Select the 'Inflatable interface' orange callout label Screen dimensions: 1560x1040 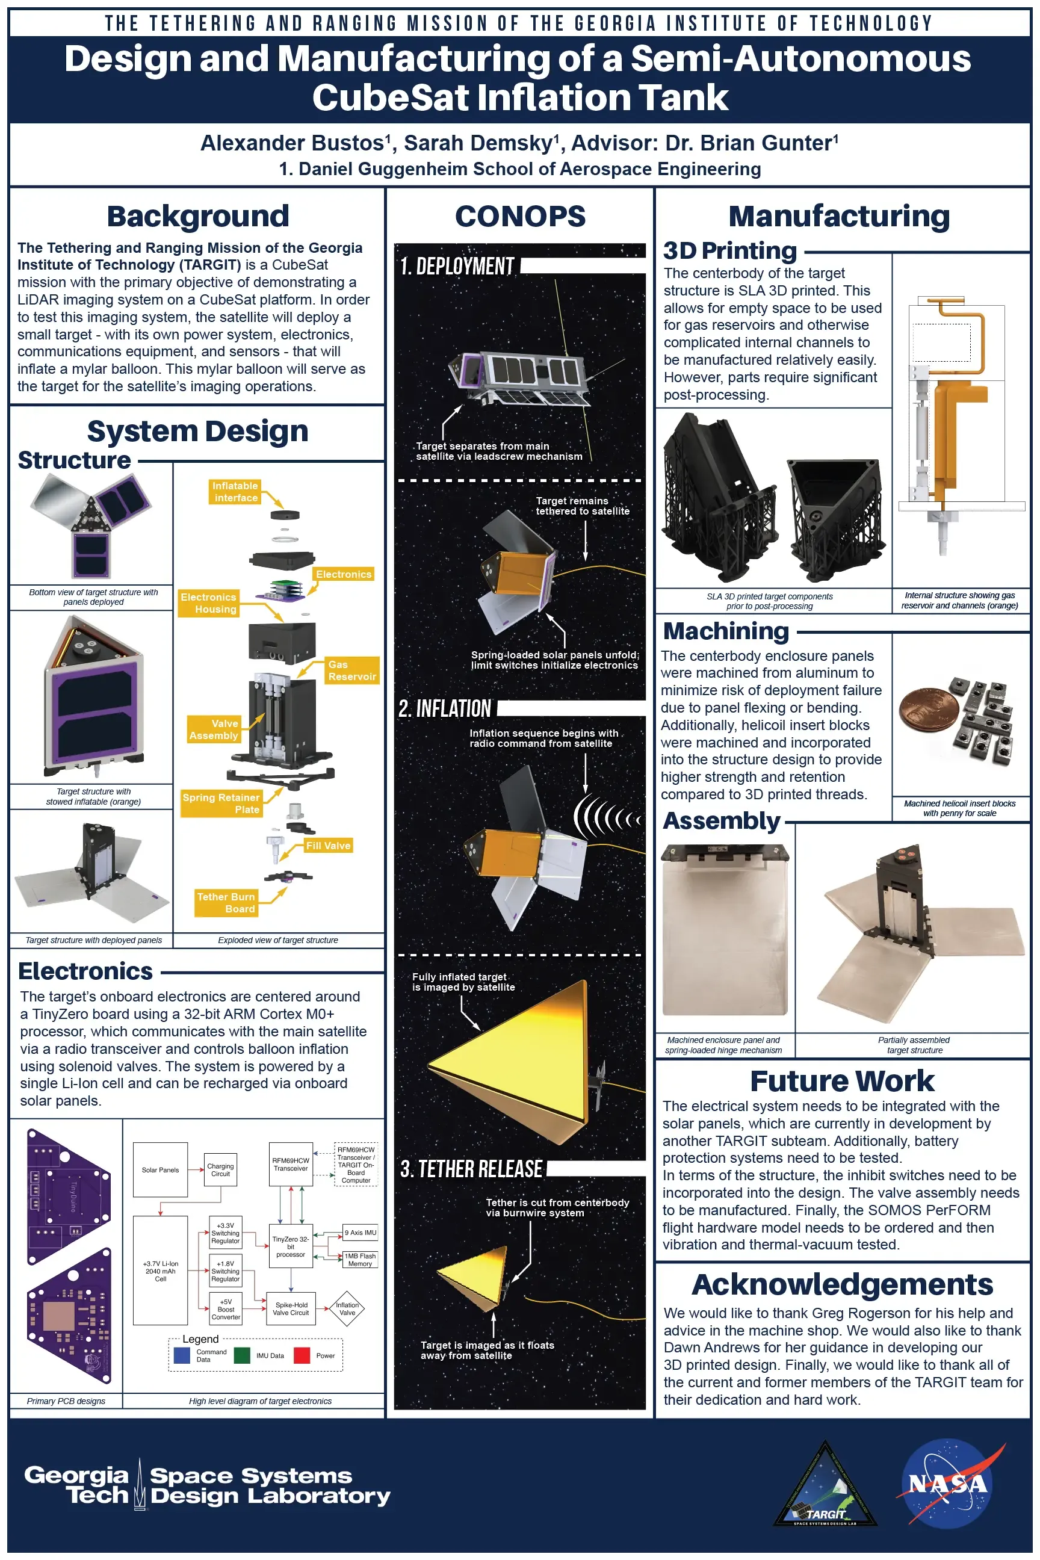click(235, 492)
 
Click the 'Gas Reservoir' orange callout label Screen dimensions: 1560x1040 click(351, 670)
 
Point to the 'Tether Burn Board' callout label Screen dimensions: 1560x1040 click(226, 903)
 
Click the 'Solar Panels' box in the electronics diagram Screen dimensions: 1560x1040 click(160, 1170)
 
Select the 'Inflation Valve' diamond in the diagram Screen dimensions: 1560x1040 click(347, 1308)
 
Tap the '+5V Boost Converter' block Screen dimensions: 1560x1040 click(226, 1309)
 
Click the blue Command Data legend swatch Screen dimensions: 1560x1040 click(182, 1356)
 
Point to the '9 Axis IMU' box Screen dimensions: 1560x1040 click(360, 1233)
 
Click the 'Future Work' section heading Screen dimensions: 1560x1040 click(841, 1081)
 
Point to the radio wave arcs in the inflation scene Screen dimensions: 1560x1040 click(607, 817)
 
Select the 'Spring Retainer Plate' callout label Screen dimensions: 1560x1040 click(221, 803)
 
